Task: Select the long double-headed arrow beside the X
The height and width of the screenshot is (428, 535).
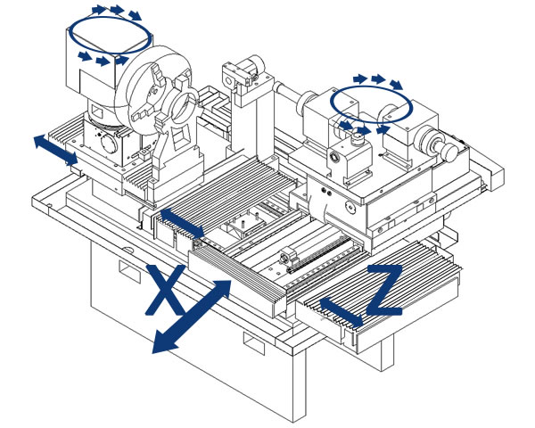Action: point(193,317)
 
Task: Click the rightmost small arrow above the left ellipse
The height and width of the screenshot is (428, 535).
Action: point(135,15)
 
